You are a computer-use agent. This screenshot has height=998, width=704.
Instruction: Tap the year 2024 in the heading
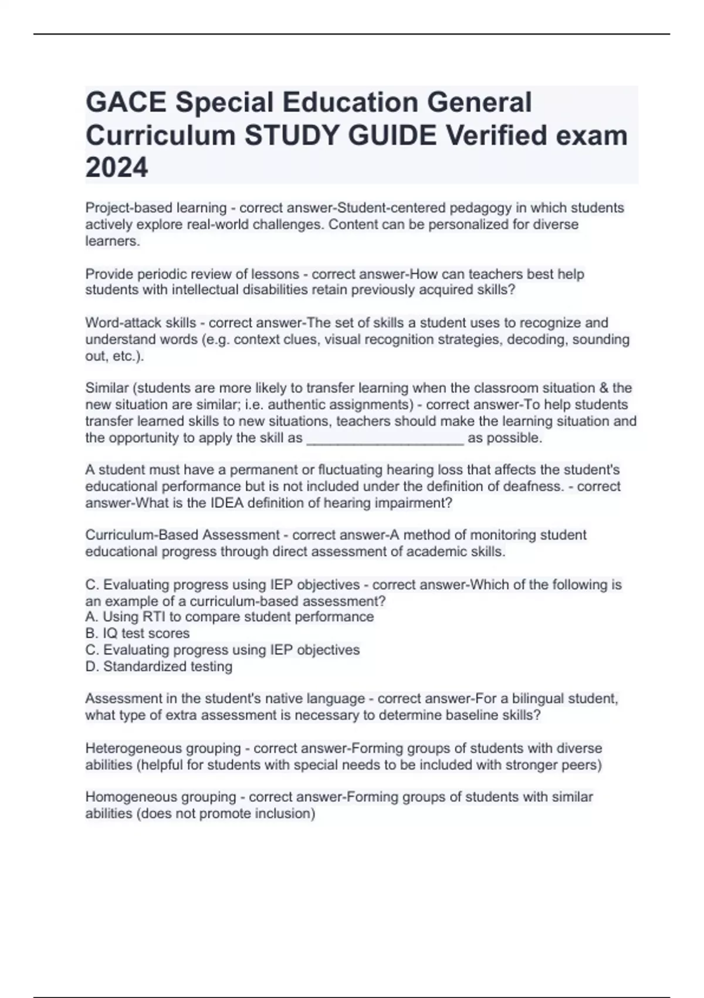(117, 168)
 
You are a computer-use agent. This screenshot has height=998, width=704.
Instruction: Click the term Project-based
(126, 208)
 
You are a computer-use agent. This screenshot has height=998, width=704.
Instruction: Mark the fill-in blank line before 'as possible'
(385, 439)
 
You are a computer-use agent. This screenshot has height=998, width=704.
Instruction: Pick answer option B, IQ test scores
(138, 633)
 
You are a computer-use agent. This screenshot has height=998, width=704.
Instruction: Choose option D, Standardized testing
(159, 666)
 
